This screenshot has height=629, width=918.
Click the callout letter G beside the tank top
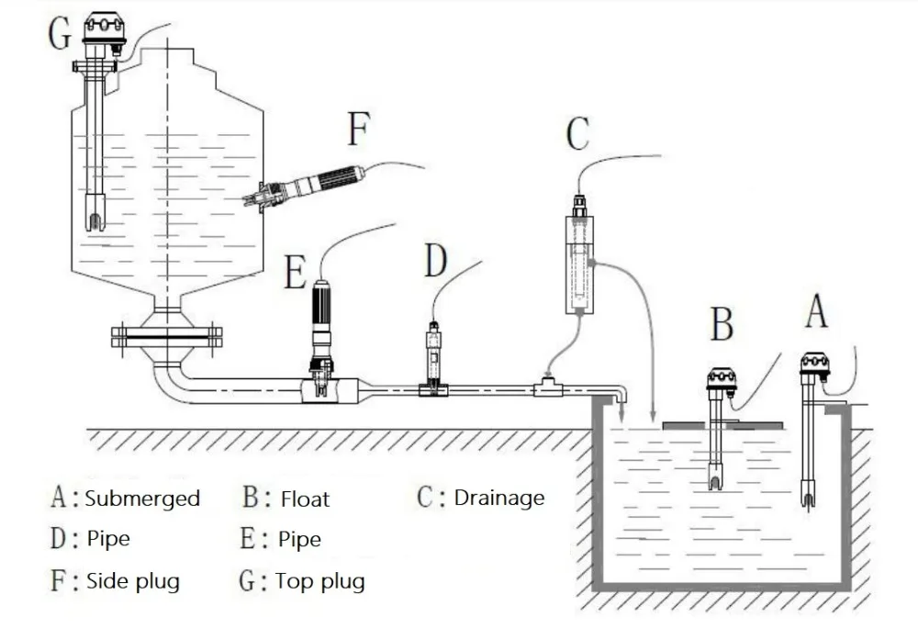pos(60,33)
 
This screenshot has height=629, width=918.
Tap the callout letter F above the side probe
pos(359,129)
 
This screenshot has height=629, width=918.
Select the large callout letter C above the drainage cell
pos(577,133)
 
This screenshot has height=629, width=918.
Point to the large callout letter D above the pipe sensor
pos(435,261)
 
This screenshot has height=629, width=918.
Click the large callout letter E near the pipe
pos(296,272)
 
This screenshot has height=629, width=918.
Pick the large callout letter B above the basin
pos(722,324)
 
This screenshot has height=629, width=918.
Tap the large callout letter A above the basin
pos(816,311)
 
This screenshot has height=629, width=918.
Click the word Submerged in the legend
pos(142,499)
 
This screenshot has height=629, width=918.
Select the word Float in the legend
pos(305,499)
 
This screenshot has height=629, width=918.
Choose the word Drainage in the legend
pos(499,499)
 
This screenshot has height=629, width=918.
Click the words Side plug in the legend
pos(133,581)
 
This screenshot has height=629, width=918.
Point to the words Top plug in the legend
pos(319,581)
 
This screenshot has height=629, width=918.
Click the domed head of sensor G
pos(105,28)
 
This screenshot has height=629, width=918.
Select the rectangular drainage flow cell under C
pos(579,264)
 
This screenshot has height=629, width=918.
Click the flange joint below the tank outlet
pos(167,337)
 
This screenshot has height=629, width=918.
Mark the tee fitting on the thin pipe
pos(547,388)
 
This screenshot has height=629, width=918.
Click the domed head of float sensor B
pos(722,378)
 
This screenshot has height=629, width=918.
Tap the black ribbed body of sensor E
pos(321,305)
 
